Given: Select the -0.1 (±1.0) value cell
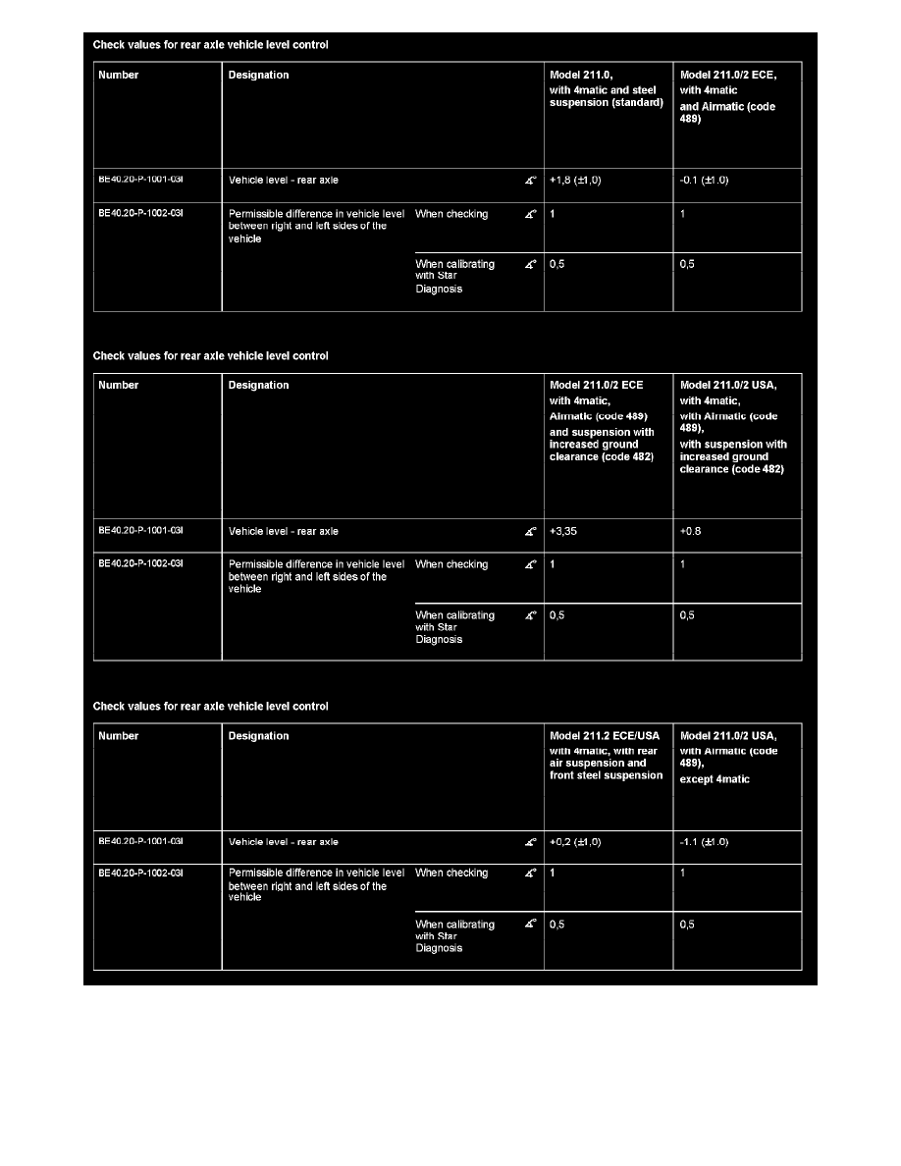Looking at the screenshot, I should coord(705,181).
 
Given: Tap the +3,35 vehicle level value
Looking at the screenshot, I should coord(568,531).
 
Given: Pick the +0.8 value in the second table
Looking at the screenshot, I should coord(690,531).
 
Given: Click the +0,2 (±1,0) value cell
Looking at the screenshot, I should coord(576,842).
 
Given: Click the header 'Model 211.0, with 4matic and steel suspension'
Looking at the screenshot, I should coord(607,89).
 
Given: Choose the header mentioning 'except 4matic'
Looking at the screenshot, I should coord(728,757).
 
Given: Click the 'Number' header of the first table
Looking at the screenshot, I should coord(119,76).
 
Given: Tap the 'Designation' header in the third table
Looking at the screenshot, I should coord(258,736).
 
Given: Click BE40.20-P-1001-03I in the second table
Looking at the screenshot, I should coord(141,531).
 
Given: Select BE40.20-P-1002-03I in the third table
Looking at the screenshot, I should coord(141,873).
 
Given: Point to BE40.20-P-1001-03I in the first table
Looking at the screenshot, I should coord(141,181).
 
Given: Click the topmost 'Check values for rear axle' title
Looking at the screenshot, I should coord(210,44).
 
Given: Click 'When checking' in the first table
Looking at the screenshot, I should coord(451,214).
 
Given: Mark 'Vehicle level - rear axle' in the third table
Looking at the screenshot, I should coord(283,842).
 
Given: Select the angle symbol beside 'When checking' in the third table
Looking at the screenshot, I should coord(531,874).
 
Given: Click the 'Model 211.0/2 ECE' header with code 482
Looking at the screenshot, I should coord(602,420).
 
